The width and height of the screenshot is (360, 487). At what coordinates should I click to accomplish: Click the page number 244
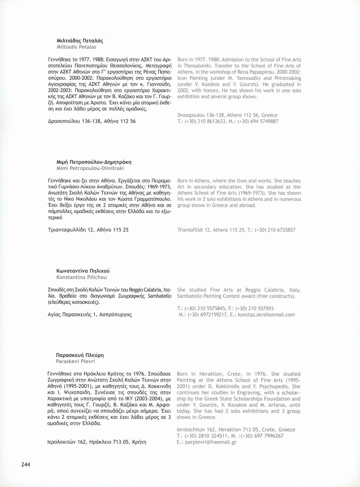coord(26,464)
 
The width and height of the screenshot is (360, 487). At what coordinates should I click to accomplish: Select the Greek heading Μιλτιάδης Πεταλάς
coord(80,41)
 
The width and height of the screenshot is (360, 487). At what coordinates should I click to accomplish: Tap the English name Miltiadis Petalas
coord(76,47)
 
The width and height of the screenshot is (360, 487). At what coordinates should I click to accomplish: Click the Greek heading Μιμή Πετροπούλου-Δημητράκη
coord(94,162)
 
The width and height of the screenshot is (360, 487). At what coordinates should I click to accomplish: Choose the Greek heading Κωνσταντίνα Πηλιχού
coord(83,271)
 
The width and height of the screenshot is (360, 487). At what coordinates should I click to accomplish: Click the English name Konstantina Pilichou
coord(82,277)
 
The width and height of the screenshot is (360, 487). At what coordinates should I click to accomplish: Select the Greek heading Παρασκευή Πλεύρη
coord(80,355)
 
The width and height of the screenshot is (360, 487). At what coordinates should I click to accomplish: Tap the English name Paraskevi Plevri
coord(75,361)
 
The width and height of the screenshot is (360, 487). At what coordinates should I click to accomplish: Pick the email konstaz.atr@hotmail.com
coord(266,315)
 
